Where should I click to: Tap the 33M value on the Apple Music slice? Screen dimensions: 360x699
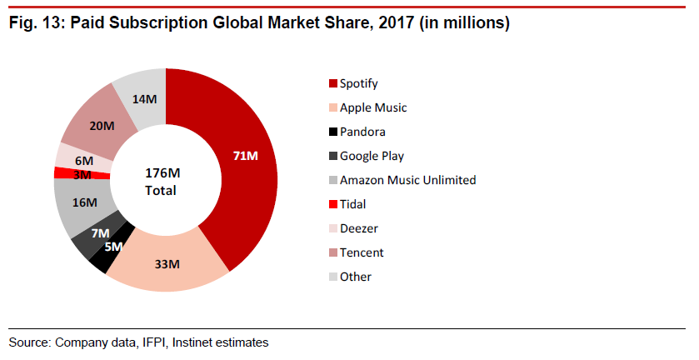click(167, 265)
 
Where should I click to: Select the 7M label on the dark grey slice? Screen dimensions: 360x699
click(100, 232)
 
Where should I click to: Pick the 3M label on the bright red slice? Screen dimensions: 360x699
click(82, 174)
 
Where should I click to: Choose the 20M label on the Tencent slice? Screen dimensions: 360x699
click(102, 126)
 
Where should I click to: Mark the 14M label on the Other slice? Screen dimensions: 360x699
click(145, 99)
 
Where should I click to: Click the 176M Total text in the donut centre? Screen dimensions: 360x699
click(161, 182)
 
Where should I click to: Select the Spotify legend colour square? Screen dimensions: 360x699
click(333, 83)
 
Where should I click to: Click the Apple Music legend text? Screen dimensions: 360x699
click(373, 107)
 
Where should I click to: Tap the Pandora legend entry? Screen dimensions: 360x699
click(362, 132)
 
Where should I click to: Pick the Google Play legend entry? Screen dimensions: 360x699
click(372, 156)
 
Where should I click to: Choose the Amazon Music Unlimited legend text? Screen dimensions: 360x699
click(407, 180)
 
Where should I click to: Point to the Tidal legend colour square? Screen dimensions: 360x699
click(333, 204)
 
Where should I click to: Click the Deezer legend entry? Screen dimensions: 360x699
click(359, 228)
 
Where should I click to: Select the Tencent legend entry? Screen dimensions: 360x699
click(362, 252)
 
